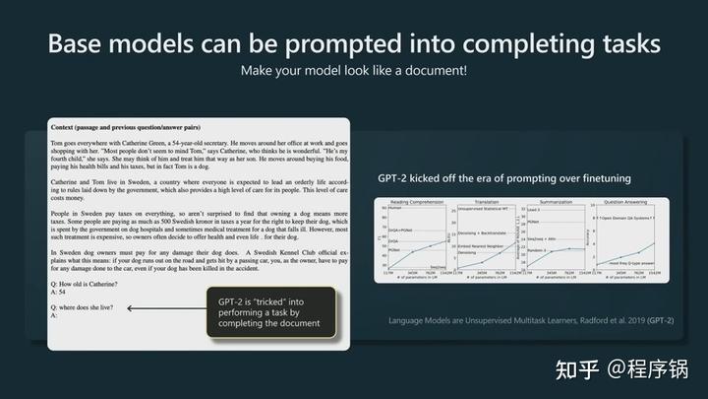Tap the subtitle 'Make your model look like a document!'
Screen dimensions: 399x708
click(x=353, y=72)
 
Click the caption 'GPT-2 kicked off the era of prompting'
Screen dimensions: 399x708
click(x=504, y=178)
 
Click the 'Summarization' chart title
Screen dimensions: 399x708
click(x=548, y=201)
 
